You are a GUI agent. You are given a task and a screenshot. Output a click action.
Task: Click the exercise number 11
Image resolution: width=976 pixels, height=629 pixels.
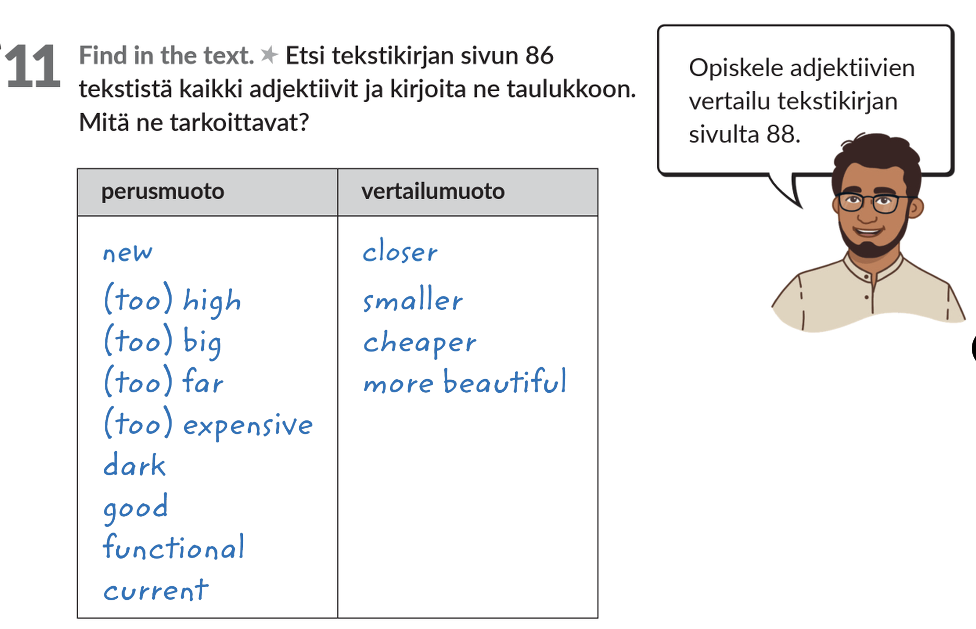(32, 66)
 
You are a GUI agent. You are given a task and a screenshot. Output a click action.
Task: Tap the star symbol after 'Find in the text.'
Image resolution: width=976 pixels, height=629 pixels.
(269, 55)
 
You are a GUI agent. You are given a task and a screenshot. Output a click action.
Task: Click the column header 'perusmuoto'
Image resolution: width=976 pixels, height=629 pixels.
(163, 192)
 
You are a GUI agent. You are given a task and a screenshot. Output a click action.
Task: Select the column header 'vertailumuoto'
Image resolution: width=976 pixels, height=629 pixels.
(433, 191)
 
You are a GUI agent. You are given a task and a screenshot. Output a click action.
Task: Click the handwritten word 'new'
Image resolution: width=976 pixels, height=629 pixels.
(128, 253)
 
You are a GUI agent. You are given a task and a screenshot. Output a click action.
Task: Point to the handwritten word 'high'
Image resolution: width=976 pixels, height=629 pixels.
(212, 301)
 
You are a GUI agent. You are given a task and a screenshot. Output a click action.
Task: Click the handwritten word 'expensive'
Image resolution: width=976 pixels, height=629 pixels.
(248, 425)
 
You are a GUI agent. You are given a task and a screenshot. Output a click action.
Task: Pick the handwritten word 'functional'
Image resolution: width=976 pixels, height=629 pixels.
(173, 547)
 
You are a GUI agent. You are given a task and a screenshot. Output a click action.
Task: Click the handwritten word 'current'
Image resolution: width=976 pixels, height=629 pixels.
(156, 590)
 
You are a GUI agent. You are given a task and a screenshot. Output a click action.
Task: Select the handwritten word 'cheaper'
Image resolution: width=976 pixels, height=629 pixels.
(420, 343)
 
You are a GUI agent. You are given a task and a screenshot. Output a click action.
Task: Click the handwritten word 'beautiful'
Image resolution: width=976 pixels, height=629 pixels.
(505, 381)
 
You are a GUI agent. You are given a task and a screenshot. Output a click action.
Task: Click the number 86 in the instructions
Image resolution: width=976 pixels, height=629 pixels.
(539, 55)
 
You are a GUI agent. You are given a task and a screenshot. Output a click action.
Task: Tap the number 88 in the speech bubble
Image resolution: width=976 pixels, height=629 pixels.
(780, 135)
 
